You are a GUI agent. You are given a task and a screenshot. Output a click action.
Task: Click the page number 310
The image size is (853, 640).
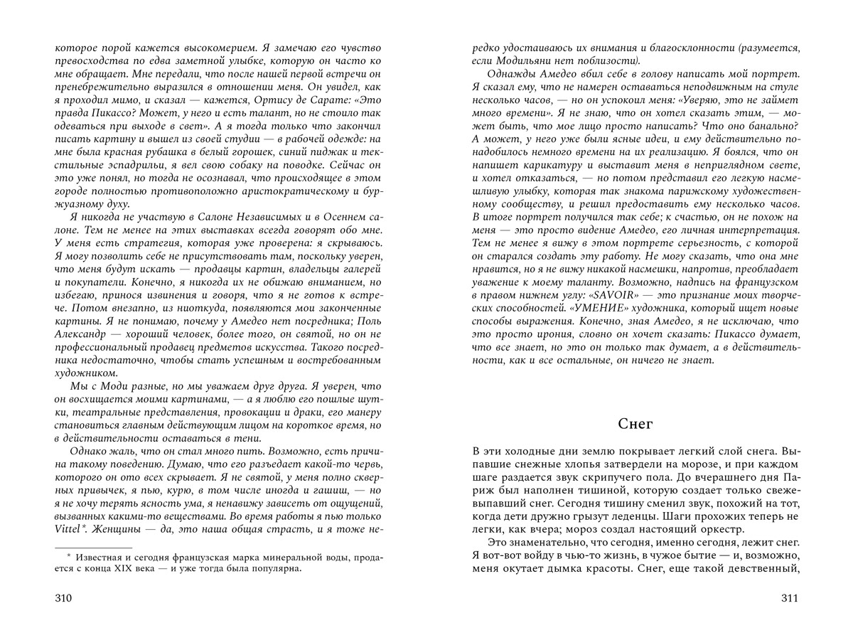click(x=64, y=599)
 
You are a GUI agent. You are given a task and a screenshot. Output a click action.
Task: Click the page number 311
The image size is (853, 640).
click(x=790, y=599)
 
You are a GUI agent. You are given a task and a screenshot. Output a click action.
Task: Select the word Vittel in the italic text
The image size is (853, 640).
click(x=68, y=529)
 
